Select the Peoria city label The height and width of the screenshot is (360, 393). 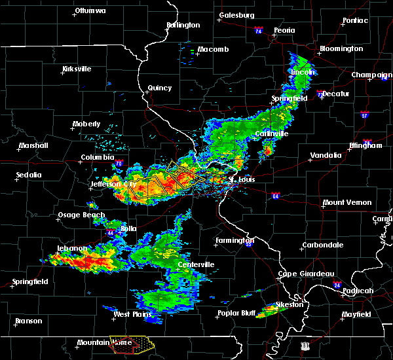(284, 31)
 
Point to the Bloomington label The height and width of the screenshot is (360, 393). (341, 49)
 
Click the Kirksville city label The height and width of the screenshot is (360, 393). (77, 69)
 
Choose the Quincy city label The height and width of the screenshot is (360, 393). (160, 88)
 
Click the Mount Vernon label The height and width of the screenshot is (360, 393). (347, 203)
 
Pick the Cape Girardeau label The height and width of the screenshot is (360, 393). (307, 274)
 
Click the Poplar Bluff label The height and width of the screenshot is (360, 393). (238, 314)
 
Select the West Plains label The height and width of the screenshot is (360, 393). (131, 314)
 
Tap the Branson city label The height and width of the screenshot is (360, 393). (29, 321)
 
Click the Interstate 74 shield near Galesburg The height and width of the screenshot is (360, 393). (258, 31)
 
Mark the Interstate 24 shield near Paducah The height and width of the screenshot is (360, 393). (336, 285)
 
